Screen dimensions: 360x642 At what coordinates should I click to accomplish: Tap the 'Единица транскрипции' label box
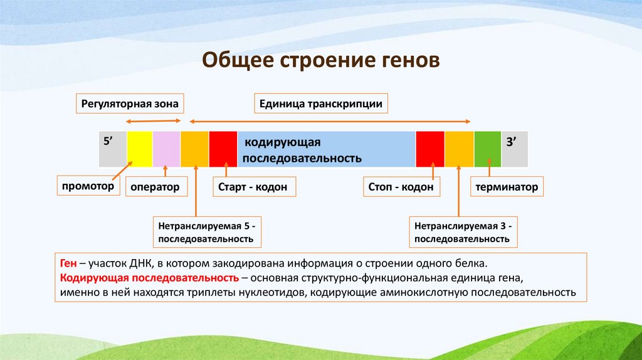click(x=321, y=103)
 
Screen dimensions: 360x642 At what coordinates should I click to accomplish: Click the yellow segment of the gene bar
click(x=139, y=149)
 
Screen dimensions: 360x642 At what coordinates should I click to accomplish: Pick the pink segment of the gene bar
click(x=166, y=149)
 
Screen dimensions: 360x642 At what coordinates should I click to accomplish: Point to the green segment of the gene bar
click(x=487, y=149)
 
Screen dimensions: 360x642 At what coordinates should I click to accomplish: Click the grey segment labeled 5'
click(x=113, y=149)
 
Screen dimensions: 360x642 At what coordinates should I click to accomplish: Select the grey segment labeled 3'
click(x=514, y=149)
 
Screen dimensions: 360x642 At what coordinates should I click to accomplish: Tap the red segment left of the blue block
click(x=223, y=149)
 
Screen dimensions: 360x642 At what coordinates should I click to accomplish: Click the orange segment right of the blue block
click(x=459, y=149)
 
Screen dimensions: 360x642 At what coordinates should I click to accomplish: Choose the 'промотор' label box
click(x=88, y=186)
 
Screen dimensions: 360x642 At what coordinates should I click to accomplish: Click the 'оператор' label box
click(x=155, y=187)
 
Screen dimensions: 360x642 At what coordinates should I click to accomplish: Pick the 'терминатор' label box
click(x=507, y=187)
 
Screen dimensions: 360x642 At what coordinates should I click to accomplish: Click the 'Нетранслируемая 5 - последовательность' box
click(x=207, y=231)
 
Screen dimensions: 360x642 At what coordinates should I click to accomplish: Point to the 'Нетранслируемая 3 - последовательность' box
click(x=464, y=231)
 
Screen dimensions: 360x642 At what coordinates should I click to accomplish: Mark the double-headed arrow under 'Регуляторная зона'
click(x=154, y=122)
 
